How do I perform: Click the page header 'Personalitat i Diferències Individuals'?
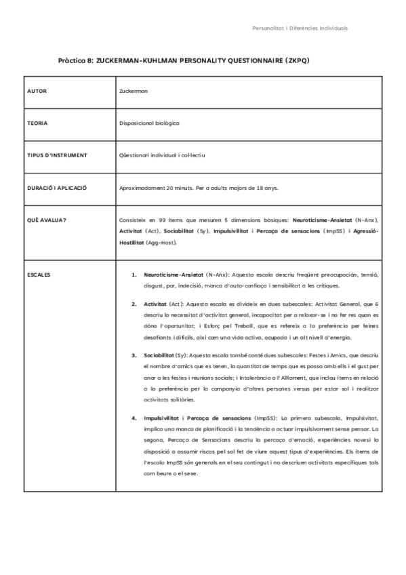300,29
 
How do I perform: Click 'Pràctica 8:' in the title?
76,60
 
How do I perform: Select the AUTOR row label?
37,90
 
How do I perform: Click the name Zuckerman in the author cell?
133,90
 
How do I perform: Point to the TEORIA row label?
37,123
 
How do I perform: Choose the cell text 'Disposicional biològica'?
149,123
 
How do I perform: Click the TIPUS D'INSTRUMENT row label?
57,155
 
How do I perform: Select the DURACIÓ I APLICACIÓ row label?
58,188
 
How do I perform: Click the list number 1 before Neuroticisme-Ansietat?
134,275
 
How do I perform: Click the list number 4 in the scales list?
134,418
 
